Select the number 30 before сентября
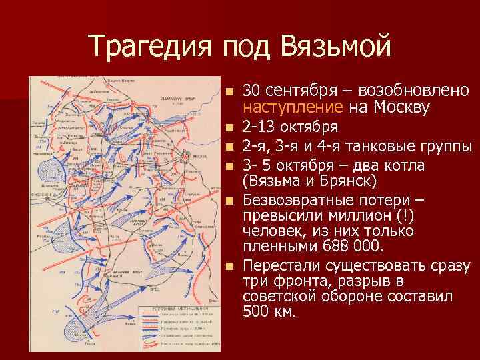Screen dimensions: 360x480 click(x=251, y=91)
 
